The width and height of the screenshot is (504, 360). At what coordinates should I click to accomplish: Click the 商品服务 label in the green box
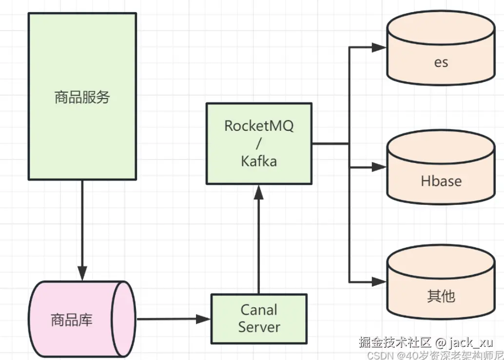pyautogui.click(x=82, y=97)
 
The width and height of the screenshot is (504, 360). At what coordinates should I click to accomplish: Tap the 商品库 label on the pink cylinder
pyautogui.click(x=72, y=320)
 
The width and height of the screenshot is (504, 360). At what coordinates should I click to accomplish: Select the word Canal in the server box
pyautogui.click(x=259, y=310)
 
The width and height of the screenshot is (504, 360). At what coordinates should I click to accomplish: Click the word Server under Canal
pyautogui.click(x=259, y=327)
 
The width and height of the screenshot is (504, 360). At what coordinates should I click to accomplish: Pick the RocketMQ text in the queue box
pyautogui.click(x=259, y=125)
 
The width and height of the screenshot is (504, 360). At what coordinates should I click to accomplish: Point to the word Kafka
pyautogui.click(x=259, y=161)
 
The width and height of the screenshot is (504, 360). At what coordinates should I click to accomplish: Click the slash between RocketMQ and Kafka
pyautogui.click(x=259, y=143)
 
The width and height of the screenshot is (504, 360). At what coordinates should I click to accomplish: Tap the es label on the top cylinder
pyautogui.click(x=441, y=62)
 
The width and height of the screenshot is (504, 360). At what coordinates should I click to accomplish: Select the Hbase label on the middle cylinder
pyautogui.click(x=441, y=181)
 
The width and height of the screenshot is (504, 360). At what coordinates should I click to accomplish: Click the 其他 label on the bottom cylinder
pyautogui.click(x=441, y=296)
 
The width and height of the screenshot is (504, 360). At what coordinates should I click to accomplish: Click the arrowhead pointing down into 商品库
pyautogui.click(x=82, y=273)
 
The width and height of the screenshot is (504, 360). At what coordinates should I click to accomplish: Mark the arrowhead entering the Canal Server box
pyautogui.click(x=203, y=320)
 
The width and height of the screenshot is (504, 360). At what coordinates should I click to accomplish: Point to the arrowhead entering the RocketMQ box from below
pyautogui.click(x=259, y=192)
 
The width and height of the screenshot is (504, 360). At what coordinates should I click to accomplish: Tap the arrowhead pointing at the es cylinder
pyautogui.click(x=379, y=47)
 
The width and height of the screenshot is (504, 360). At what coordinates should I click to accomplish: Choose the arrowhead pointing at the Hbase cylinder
pyautogui.click(x=379, y=167)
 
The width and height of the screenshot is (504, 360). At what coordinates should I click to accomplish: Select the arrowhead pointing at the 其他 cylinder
pyautogui.click(x=379, y=281)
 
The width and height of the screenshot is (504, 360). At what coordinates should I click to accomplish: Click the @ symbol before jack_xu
pyautogui.click(x=440, y=341)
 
